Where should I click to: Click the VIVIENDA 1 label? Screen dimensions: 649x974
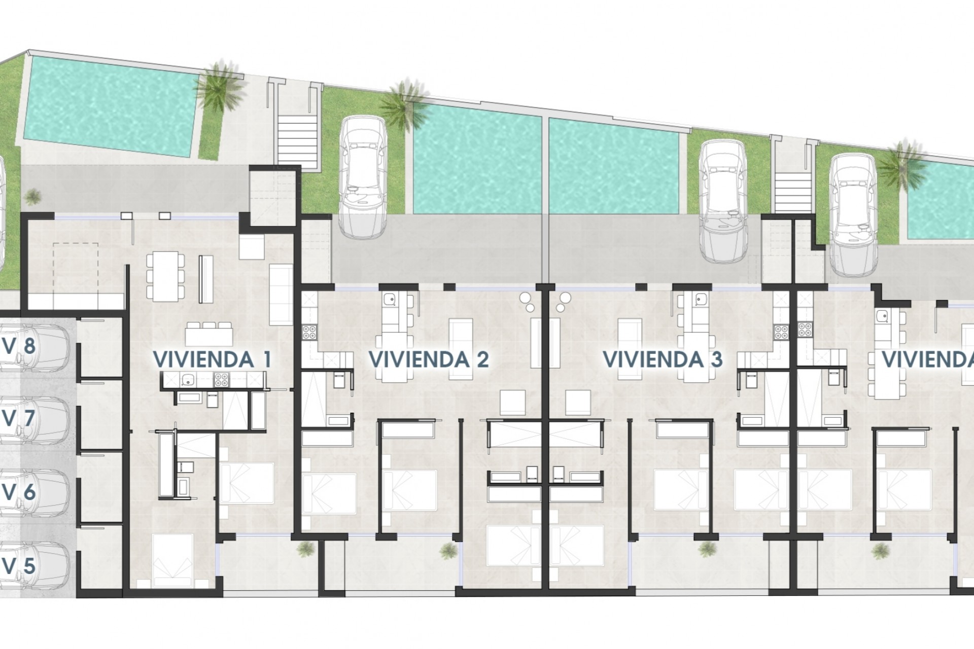click(x=212, y=359)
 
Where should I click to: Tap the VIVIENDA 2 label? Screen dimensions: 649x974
click(x=429, y=359)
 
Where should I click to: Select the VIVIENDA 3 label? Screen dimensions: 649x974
click(x=662, y=359)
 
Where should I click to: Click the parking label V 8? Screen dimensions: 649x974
click(x=19, y=346)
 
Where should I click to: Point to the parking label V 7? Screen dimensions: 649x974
click(x=19, y=419)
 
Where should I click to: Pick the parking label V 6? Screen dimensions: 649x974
click(x=19, y=492)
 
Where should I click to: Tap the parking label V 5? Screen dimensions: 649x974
click(x=19, y=565)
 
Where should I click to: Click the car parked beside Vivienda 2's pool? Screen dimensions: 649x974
click(x=362, y=177)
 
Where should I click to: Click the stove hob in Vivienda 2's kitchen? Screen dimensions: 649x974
click(x=309, y=332)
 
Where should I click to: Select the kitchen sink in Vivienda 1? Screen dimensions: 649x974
click(x=188, y=378)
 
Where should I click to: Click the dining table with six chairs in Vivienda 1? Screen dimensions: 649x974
click(x=165, y=276)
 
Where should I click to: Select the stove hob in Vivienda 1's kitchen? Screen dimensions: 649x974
click(x=221, y=378)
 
